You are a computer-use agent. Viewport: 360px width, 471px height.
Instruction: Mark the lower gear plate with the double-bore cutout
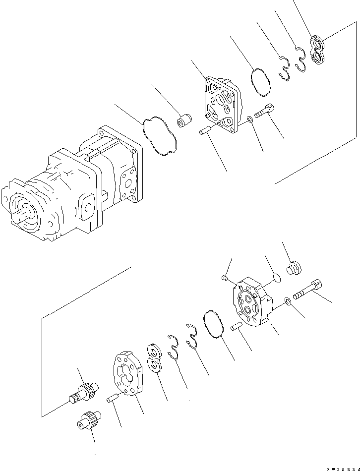[x=126, y=374]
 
